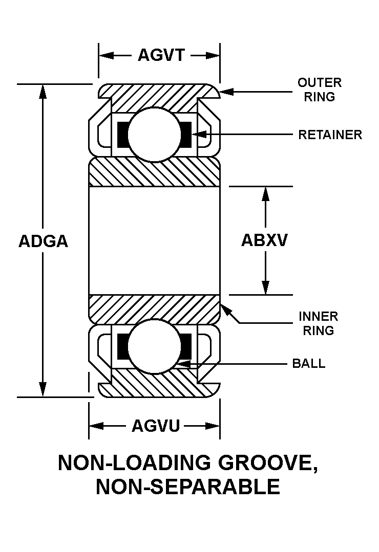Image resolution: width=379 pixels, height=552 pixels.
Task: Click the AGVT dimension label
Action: pyautogui.click(x=160, y=55)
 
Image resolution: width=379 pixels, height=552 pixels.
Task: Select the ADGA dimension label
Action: pyautogui.click(x=43, y=240)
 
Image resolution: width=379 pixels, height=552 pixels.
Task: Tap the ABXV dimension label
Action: pyautogui.click(x=264, y=240)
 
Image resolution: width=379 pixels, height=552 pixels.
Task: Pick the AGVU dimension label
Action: pyautogui.click(x=156, y=425)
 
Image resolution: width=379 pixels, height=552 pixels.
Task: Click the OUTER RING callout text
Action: pyautogui.click(x=319, y=90)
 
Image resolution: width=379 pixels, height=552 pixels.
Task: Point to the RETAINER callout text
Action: pyautogui.click(x=330, y=135)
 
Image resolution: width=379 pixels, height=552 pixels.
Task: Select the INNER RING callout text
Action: pyautogui.click(x=318, y=323)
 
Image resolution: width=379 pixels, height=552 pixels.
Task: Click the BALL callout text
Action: pyautogui.click(x=308, y=364)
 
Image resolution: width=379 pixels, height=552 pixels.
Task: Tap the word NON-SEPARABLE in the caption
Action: pyautogui.click(x=188, y=487)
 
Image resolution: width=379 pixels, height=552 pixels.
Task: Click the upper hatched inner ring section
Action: pyautogui.click(x=154, y=173)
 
